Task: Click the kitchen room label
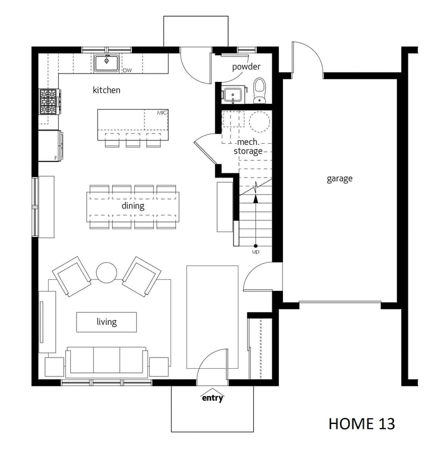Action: pos(106,90)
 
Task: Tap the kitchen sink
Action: pos(106,63)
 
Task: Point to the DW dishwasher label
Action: pos(127,70)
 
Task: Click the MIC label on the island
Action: pos(162,113)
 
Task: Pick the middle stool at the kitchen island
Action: pos(133,140)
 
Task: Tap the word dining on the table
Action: pos(133,206)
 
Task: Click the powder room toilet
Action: pos(259,90)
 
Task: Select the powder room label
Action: pos(246,67)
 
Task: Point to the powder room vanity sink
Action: pos(234,94)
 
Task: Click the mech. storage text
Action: pos(248,147)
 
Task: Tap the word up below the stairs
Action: pos(256,252)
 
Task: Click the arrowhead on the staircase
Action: pos(256,199)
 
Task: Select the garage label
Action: pos(339,179)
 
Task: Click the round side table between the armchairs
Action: pos(106,273)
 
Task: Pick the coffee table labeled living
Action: pos(106,322)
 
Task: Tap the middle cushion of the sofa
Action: pos(106,360)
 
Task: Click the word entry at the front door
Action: pos(213,398)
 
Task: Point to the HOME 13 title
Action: pos(362,424)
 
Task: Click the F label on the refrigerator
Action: pos(56,158)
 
